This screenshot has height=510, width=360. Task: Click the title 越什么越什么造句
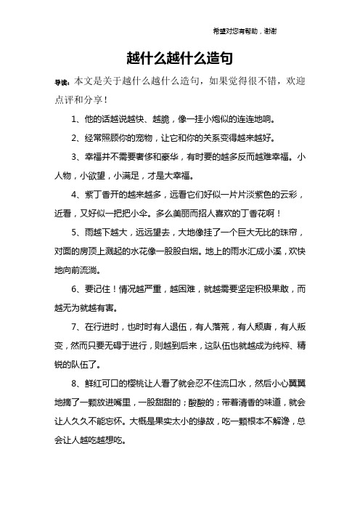tap(179, 57)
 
